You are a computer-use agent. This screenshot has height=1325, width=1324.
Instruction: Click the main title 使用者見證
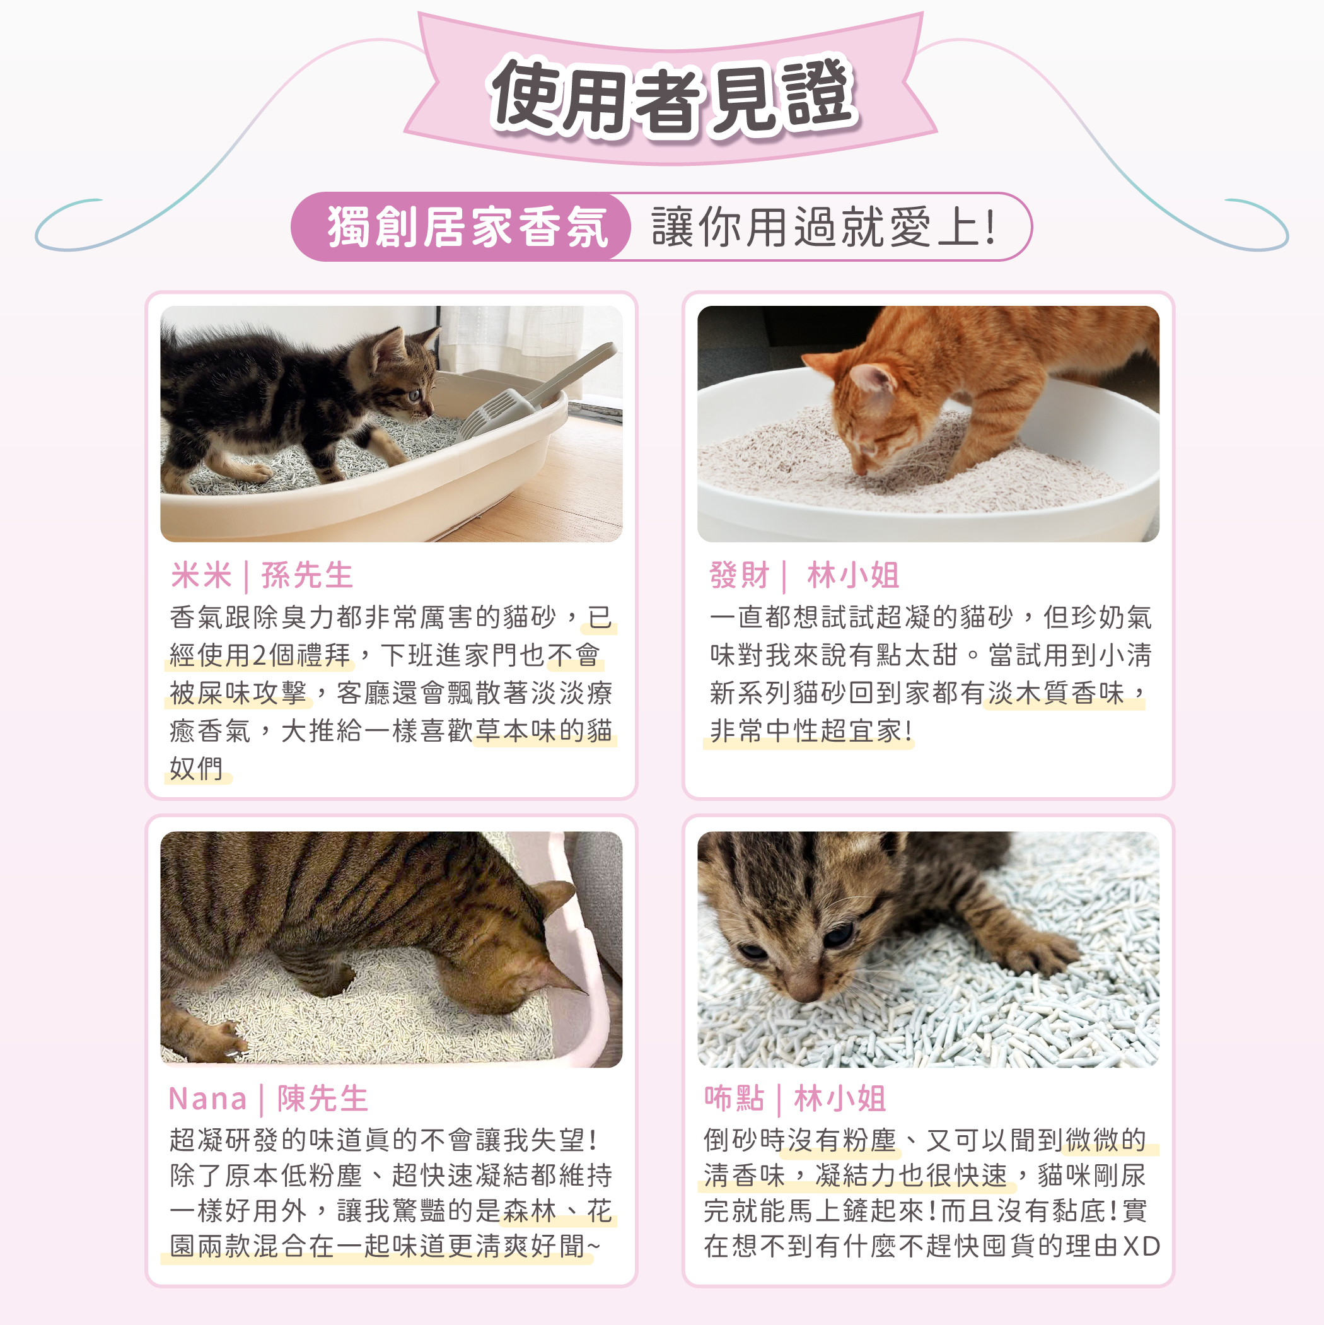click(x=672, y=96)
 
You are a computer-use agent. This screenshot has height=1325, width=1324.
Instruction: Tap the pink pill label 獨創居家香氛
click(x=468, y=227)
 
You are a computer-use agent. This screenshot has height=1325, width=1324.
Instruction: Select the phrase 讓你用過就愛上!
click(x=823, y=227)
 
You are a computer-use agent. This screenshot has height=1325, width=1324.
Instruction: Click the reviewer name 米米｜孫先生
click(x=261, y=575)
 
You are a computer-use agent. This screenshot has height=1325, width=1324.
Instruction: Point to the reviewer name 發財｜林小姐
click(x=804, y=575)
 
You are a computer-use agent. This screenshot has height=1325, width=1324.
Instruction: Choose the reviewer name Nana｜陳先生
click(x=268, y=1099)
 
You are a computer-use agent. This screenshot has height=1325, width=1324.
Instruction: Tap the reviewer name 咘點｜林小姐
click(x=796, y=1099)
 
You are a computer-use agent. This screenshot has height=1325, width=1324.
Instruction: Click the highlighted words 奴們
click(x=196, y=769)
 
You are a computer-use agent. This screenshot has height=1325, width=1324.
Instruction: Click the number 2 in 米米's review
click(x=258, y=656)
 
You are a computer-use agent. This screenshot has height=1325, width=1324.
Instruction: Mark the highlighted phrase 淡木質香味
click(x=1057, y=693)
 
